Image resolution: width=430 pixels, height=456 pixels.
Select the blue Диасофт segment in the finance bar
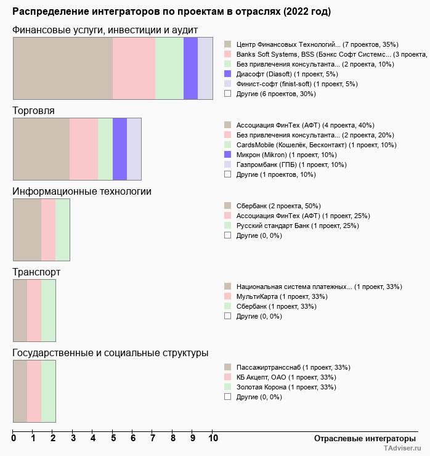[x=190, y=68]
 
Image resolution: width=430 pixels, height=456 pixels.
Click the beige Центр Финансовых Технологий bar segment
[x=63, y=68]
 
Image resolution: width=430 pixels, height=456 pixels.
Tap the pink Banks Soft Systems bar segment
[x=134, y=68]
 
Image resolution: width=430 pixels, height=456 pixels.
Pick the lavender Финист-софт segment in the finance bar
[x=205, y=68]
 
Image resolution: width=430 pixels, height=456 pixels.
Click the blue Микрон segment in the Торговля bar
[x=120, y=149]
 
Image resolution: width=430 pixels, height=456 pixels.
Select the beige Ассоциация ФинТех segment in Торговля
[x=41, y=149]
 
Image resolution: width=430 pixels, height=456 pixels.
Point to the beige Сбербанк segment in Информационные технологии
[x=27, y=229]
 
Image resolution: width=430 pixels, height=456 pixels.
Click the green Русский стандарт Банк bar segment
[x=63, y=229]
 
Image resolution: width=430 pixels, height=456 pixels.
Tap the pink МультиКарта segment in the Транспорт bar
[x=34, y=310]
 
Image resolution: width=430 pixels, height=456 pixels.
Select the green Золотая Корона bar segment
[x=49, y=391]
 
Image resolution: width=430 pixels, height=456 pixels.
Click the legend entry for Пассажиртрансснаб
[x=286, y=367]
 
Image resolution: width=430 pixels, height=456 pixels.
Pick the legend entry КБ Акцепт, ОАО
[x=280, y=377]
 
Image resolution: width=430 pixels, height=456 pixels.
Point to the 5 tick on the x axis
[x=113, y=439]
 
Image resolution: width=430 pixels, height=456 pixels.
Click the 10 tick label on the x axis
[x=213, y=439]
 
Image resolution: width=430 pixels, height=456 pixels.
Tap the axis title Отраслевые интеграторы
[x=361, y=438]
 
